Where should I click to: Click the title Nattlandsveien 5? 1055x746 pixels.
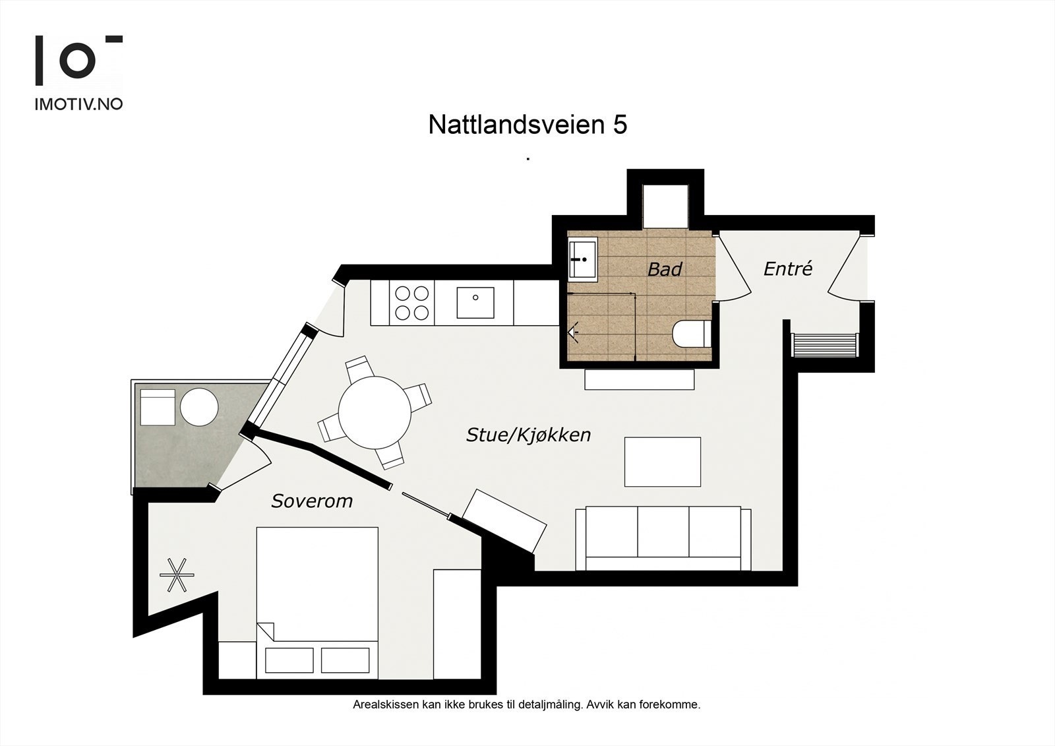click(x=527, y=125)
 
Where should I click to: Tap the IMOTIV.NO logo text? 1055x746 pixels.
click(x=78, y=104)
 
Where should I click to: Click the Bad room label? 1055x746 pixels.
click(x=664, y=269)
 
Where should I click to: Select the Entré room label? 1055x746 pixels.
click(x=787, y=268)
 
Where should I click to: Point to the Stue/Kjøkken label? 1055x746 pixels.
click(x=528, y=435)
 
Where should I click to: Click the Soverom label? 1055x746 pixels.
click(x=312, y=501)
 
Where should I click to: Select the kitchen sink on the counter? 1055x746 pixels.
click(x=475, y=302)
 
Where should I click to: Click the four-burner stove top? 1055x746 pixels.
click(x=411, y=303)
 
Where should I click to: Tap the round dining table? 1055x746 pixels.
click(x=375, y=412)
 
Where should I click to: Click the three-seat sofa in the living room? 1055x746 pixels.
click(x=663, y=538)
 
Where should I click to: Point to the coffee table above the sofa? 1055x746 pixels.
click(x=662, y=462)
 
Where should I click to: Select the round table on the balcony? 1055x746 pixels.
click(x=199, y=407)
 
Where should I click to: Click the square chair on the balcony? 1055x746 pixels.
click(x=157, y=407)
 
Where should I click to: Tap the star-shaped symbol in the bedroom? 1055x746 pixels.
click(x=177, y=575)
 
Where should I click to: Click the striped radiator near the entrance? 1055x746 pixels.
click(x=824, y=345)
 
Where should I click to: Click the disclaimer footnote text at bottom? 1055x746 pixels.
click(x=526, y=704)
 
